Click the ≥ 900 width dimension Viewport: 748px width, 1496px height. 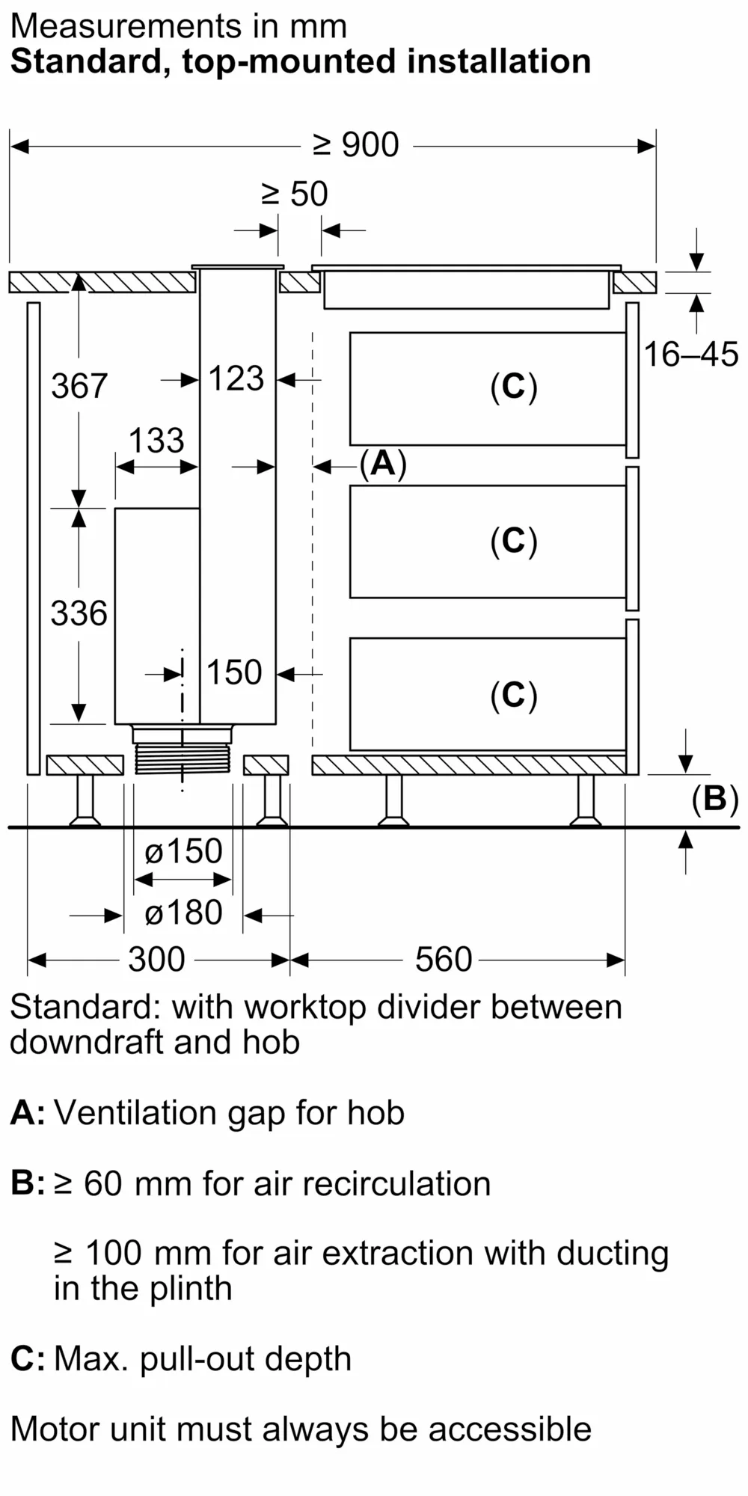click(356, 144)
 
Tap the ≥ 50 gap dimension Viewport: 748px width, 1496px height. click(295, 194)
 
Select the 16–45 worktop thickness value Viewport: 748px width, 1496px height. click(690, 354)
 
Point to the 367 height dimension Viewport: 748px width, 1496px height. click(79, 386)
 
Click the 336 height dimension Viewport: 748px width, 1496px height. click(79, 613)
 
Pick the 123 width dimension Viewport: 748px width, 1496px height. click(236, 378)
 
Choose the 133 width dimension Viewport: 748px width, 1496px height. click(156, 441)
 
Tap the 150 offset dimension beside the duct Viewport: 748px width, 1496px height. click(234, 672)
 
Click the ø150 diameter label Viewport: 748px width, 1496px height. click(183, 851)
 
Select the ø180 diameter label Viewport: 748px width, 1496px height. click(183, 913)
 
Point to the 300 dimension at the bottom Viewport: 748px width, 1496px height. click(156, 959)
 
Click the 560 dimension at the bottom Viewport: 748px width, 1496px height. click(444, 959)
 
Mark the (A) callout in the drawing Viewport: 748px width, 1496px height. click(383, 464)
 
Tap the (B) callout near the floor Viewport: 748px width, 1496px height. click(714, 799)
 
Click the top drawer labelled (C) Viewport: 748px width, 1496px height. click(514, 387)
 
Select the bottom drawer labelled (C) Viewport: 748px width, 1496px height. click(514, 694)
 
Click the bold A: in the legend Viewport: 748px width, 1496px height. click(28, 1113)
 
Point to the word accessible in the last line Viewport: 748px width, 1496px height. click(510, 1429)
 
